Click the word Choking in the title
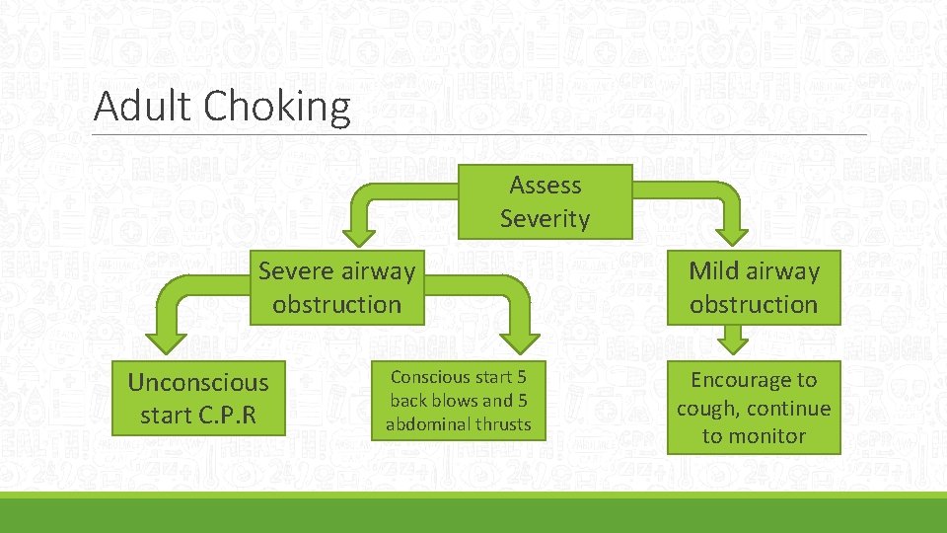pyautogui.click(x=278, y=107)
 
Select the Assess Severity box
pyautogui.click(x=545, y=201)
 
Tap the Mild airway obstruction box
pyautogui.click(x=754, y=287)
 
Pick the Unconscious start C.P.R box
pyautogui.click(x=198, y=399)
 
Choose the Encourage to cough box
pyautogui.click(x=754, y=408)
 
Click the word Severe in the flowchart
pyautogui.click(x=296, y=270)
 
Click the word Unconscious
pyautogui.click(x=198, y=382)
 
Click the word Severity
pyautogui.click(x=545, y=218)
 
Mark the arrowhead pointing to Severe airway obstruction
pyautogui.click(x=360, y=231)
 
